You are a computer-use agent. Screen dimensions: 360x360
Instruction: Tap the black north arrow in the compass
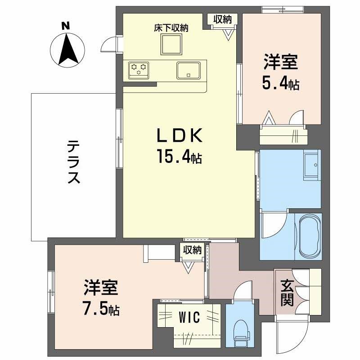pyautogui.click(x=67, y=50)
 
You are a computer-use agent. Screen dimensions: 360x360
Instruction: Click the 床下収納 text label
pyautogui.click(x=171, y=27)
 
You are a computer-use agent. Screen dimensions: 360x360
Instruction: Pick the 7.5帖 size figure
pyautogui.click(x=101, y=309)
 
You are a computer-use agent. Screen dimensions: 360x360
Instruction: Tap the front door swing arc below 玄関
pyautogui.click(x=288, y=335)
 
